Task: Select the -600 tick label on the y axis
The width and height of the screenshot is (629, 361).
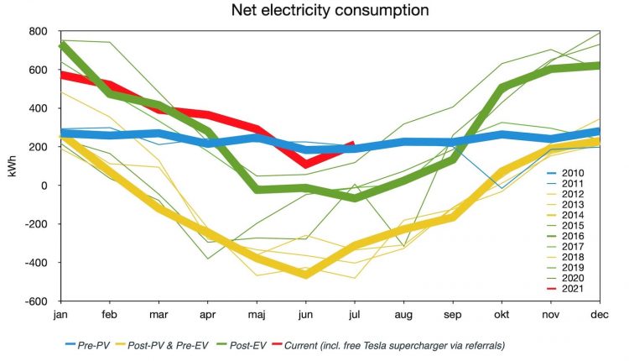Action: point(39,301)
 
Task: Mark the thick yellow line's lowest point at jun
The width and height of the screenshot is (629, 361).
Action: point(305,275)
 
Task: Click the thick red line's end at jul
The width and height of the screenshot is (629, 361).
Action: point(352,144)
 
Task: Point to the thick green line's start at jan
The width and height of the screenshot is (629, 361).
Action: point(62,44)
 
